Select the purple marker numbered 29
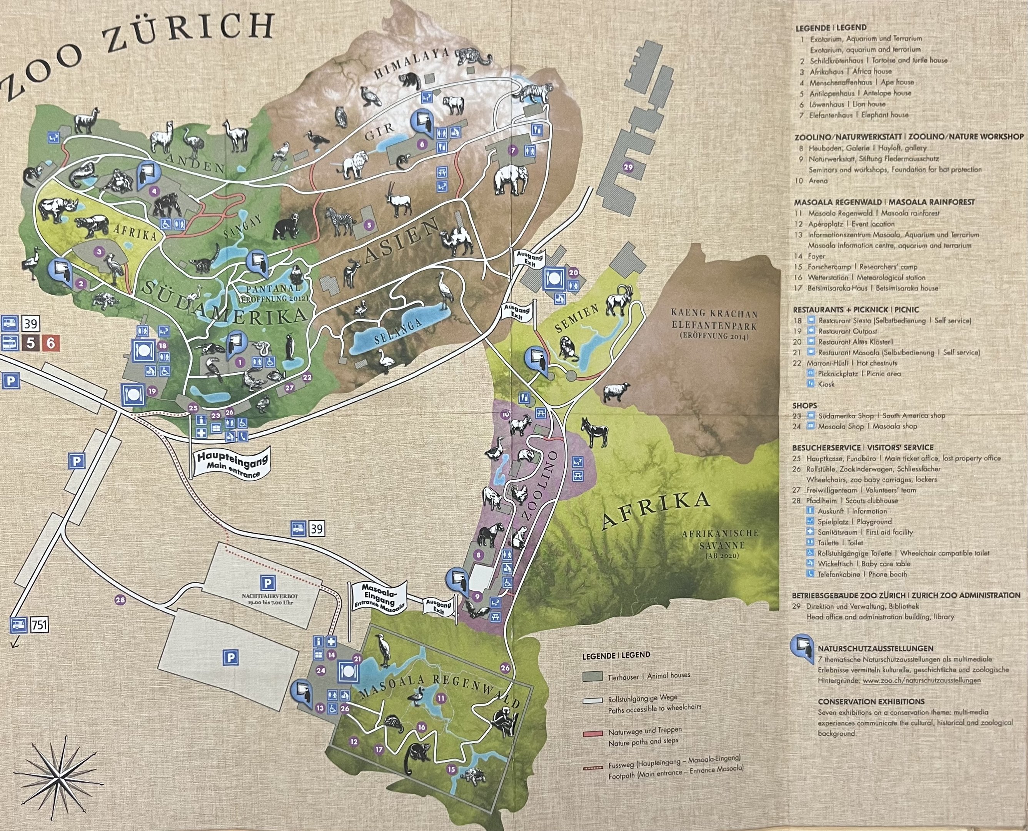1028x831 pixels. (x=628, y=167)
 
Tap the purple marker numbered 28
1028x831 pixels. (x=120, y=599)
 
